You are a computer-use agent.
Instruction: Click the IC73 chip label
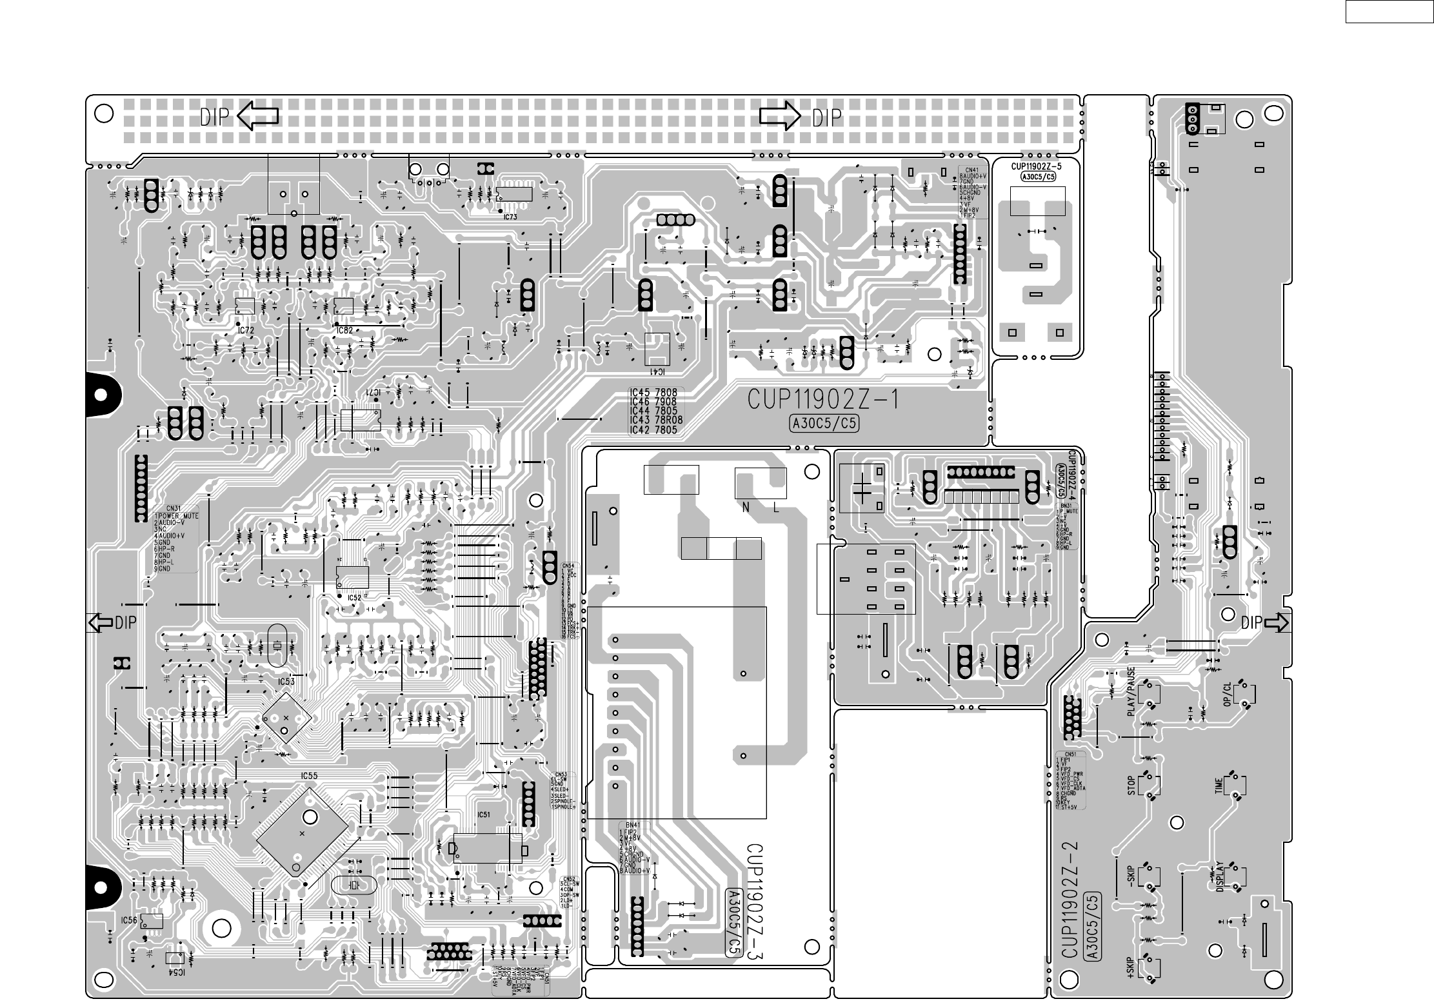click(x=510, y=217)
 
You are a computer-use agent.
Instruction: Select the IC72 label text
click(x=246, y=330)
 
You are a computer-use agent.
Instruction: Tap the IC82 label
click(x=344, y=330)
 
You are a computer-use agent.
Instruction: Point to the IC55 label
click(x=309, y=776)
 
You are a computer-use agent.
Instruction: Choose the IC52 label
click(x=354, y=598)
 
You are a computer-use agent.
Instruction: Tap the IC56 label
click(x=130, y=920)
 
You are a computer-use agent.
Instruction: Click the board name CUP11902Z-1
click(x=824, y=400)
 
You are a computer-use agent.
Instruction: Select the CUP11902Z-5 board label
click(x=1036, y=166)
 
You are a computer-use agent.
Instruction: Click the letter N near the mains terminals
click(x=746, y=508)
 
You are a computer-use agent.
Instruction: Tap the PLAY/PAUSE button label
click(x=1131, y=692)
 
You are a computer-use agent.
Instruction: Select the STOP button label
click(x=1131, y=786)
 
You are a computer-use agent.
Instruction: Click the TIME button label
click(x=1219, y=786)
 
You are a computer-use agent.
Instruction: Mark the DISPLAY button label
click(x=1219, y=877)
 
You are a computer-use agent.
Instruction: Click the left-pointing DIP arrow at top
click(x=258, y=116)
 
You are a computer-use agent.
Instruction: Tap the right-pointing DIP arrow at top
click(x=780, y=117)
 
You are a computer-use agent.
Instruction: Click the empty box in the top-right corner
click(x=1389, y=12)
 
